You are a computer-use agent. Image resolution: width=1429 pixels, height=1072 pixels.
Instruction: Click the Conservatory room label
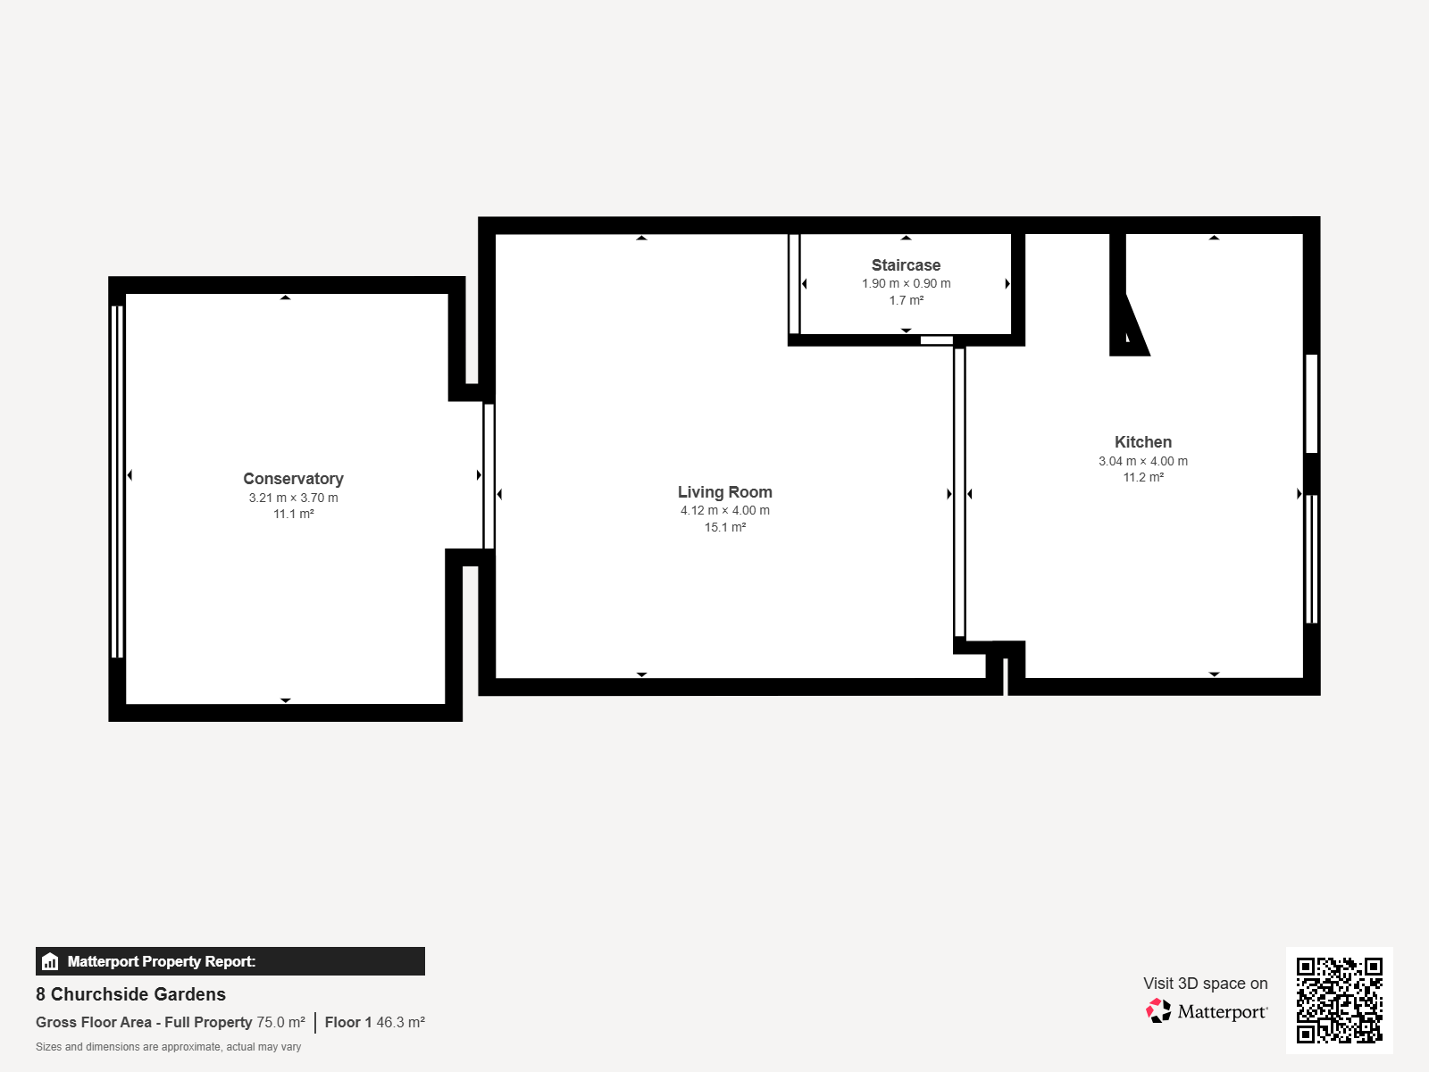(x=293, y=479)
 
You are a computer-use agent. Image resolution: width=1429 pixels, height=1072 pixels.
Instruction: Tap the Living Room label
(x=724, y=492)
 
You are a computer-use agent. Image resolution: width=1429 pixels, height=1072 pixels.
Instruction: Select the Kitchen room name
(x=1142, y=442)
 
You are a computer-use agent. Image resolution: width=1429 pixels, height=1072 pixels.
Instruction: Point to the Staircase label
(x=906, y=265)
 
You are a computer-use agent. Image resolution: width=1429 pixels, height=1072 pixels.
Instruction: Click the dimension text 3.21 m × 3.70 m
(x=293, y=498)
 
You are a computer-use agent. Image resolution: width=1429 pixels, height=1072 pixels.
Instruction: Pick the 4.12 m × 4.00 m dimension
(x=724, y=510)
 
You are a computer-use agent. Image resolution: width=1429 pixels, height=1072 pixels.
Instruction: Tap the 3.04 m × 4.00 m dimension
(x=1142, y=461)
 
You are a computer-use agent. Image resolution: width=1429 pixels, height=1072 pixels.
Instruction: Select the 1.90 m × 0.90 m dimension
(x=906, y=283)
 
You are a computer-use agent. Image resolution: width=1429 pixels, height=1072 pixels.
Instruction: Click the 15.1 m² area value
(x=724, y=527)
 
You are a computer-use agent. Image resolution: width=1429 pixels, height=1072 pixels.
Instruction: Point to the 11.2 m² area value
(x=1142, y=477)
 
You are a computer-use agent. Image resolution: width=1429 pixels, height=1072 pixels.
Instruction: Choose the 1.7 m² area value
(x=906, y=300)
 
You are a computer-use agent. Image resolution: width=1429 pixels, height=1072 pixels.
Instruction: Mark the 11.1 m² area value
(x=293, y=515)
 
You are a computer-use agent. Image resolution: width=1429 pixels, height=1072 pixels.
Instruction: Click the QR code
(x=1339, y=1000)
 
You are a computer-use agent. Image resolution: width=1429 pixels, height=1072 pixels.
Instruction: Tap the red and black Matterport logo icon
(x=1158, y=1011)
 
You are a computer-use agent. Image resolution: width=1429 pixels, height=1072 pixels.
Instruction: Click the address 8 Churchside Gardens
(x=131, y=994)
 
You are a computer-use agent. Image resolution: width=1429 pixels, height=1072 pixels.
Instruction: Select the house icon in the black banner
(x=49, y=961)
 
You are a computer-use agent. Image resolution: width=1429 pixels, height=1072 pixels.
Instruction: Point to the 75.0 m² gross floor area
(x=280, y=1022)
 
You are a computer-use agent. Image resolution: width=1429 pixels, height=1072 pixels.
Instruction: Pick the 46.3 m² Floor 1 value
(x=400, y=1022)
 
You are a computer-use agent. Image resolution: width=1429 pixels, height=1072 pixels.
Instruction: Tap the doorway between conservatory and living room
(x=489, y=476)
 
